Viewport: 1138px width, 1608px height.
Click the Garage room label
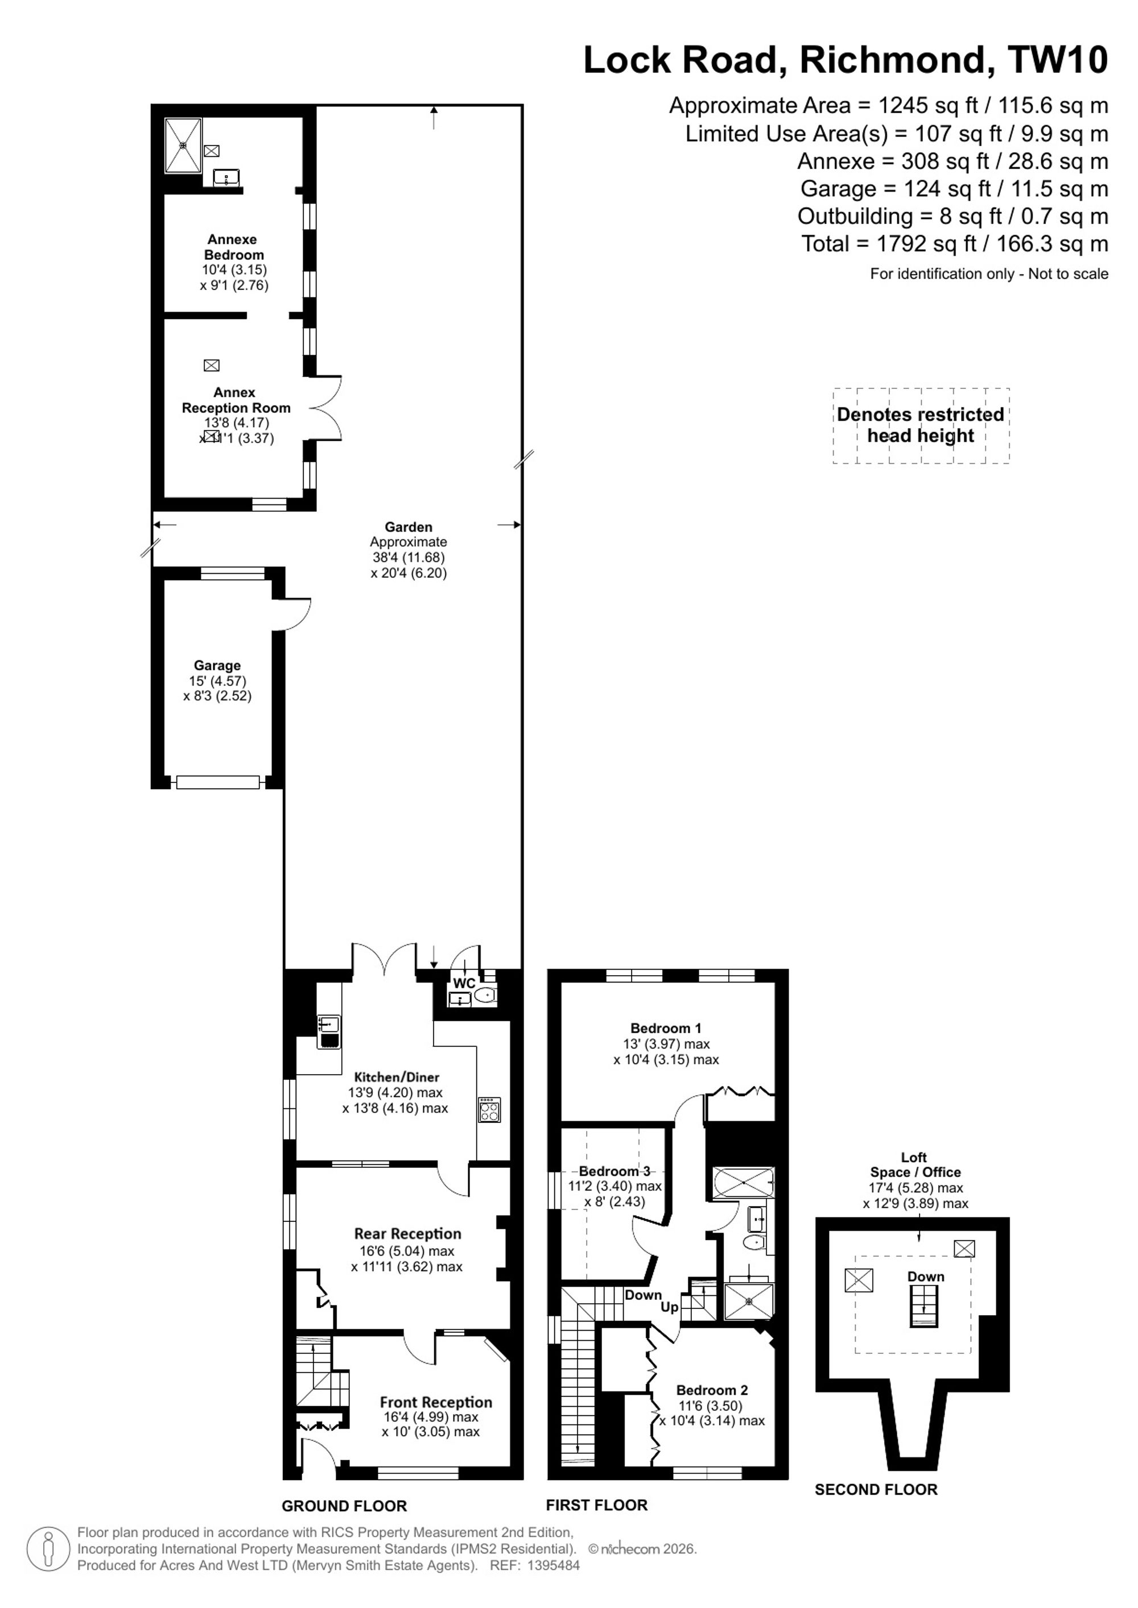[x=217, y=665]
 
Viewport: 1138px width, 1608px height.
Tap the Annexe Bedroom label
[x=233, y=247]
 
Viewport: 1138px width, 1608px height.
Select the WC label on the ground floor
[x=464, y=983]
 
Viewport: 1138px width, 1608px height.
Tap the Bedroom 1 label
[x=666, y=1028]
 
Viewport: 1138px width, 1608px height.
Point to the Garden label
[x=409, y=527]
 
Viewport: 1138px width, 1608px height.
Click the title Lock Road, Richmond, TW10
[x=846, y=60]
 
